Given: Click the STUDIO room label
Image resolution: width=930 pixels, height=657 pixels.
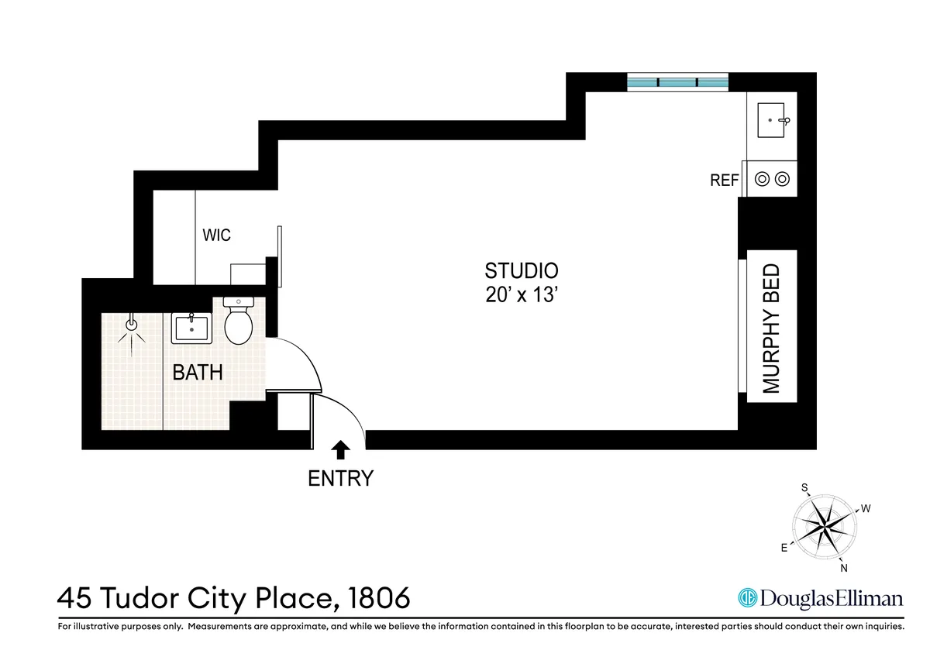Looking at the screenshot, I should (x=521, y=271).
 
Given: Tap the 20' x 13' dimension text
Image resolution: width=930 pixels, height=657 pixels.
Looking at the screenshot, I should (x=521, y=296).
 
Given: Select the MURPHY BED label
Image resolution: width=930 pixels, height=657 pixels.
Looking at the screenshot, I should (x=771, y=328).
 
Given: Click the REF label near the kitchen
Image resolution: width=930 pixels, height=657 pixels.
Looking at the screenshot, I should (x=725, y=181).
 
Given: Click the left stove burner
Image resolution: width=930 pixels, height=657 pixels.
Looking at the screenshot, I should (x=762, y=180).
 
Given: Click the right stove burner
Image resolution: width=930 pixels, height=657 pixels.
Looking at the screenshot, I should (x=782, y=180).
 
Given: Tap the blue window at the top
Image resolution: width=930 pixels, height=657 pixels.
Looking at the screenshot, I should (x=678, y=81).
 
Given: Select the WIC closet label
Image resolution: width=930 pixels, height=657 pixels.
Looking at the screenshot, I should (x=216, y=235).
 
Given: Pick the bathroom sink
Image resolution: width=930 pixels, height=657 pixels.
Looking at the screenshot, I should (x=189, y=328).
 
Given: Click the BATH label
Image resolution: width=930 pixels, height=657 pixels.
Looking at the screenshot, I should (x=198, y=372).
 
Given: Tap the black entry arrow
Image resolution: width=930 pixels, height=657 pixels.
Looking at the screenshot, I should (x=340, y=448).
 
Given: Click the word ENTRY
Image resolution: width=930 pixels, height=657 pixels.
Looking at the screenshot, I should (x=340, y=479).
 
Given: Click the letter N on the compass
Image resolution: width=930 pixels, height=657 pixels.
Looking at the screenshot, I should (x=844, y=569).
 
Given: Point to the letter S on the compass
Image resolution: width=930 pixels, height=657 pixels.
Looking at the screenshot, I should (x=805, y=487).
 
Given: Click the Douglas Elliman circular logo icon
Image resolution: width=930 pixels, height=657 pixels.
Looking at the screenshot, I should (x=747, y=598).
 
